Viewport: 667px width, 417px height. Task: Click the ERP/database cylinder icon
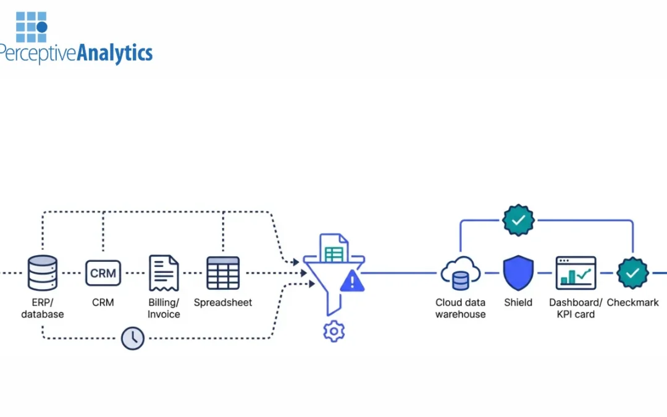pyautogui.click(x=42, y=272)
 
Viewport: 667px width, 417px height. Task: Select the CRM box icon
pyautogui.click(x=103, y=272)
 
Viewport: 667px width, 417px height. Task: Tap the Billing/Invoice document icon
pyautogui.click(x=164, y=272)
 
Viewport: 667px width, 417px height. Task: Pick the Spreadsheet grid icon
pyautogui.click(x=223, y=272)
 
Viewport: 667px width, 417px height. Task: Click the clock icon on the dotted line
pyautogui.click(x=133, y=338)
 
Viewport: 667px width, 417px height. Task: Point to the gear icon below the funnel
pyautogui.click(x=333, y=332)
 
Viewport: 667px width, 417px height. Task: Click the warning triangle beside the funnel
pyautogui.click(x=352, y=282)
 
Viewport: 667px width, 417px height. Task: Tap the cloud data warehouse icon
pyautogui.click(x=460, y=273)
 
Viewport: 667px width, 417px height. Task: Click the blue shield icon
pyautogui.click(x=518, y=272)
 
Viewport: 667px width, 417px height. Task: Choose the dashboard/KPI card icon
pyautogui.click(x=576, y=272)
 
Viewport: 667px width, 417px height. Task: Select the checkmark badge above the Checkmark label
pyautogui.click(x=632, y=272)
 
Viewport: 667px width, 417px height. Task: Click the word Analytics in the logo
pyautogui.click(x=114, y=53)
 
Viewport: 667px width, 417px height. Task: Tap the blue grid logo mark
pyautogui.click(x=31, y=22)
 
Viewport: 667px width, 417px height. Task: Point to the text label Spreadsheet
pyautogui.click(x=223, y=303)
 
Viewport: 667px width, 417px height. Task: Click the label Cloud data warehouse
pyautogui.click(x=460, y=308)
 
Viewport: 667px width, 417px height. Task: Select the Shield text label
pyautogui.click(x=518, y=303)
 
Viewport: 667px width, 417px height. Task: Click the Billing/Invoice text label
pyautogui.click(x=164, y=308)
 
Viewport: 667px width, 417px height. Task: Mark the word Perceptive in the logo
pyautogui.click(x=37, y=53)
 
